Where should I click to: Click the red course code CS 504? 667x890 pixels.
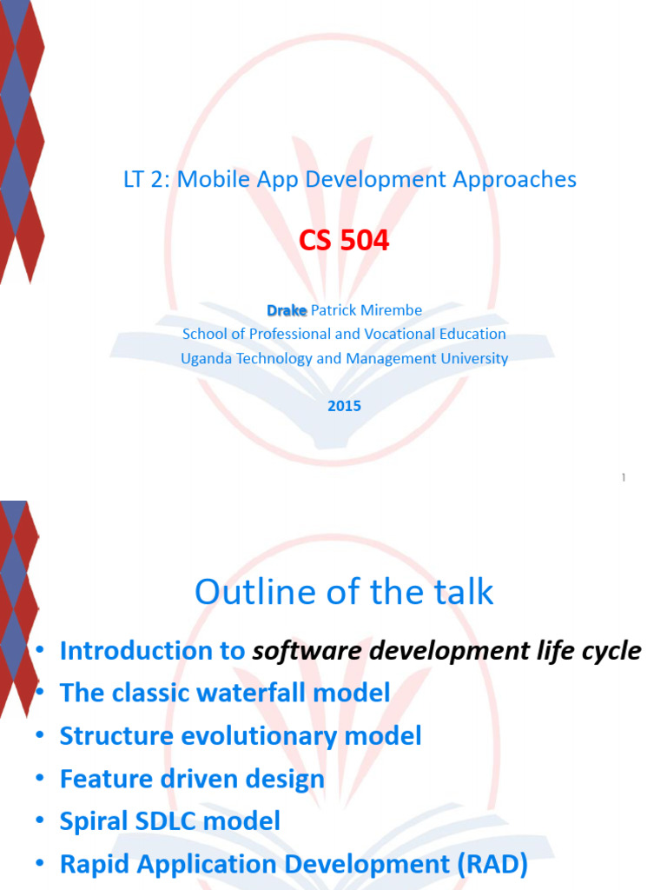point(344,241)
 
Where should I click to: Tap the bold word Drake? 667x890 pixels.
point(287,310)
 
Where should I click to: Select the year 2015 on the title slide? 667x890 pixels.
point(344,406)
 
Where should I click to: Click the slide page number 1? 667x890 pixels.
point(624,477)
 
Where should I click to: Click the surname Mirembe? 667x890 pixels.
point(393,310)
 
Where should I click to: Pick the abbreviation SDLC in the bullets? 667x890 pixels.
point(168,820)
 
